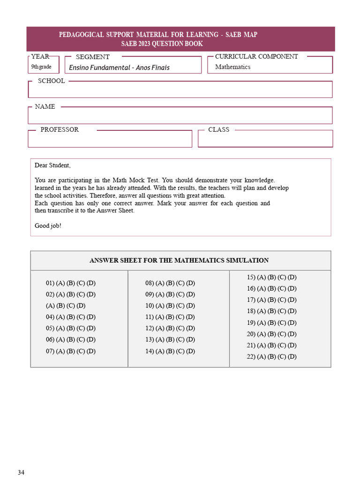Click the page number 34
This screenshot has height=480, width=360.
click(x=21, y=472)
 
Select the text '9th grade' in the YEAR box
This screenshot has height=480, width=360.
click(x=41, y=67)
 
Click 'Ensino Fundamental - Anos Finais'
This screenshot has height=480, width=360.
click(x=119, y=67)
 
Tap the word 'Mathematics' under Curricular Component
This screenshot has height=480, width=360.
click(x=232, y=67)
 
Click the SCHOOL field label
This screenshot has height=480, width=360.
click(x=51, y=81)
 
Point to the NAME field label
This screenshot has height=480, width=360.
click(x=45, y=107)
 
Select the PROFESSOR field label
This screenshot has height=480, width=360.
click(x=60, y=130)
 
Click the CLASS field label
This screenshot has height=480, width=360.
click(x=218, y=130)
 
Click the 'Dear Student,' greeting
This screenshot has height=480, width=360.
click(x=52, y=165)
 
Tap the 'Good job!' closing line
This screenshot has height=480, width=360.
click(x=48, y=226)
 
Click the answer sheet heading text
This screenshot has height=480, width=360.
click(x=179, y=261)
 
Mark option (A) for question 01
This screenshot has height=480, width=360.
click(x=60, y=283)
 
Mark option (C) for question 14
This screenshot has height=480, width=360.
click(x=181, y=351)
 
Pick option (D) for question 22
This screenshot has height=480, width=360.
click(x=292, y=357)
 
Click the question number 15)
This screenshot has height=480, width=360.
click(x=251, y=277)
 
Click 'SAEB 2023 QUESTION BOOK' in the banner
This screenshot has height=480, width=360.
click(x=162, y=44)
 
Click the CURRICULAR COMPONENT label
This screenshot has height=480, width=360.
click(x=256, y=57)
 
